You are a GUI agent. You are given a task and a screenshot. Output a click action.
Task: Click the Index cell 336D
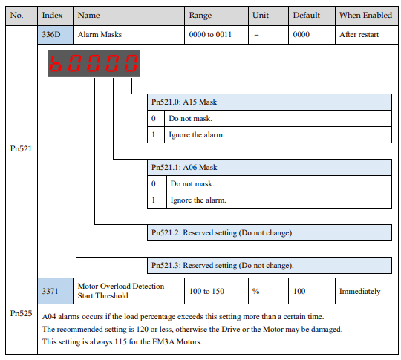[x=55, y=35]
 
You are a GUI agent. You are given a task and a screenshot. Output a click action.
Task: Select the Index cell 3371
[x=55, y=291]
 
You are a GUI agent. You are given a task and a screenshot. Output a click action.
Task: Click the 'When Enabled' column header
[x=365, y=16]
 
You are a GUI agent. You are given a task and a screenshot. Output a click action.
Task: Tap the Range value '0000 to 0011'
[x=210, y=35]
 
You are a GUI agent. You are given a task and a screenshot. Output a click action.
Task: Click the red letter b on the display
[x=56, y=63]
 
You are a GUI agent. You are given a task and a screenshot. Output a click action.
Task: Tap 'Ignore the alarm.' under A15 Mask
[x=196, y=135]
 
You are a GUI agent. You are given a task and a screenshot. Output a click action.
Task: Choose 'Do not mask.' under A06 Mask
[x=192, y=183]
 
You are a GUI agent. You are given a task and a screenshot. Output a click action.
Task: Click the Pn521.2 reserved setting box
[x=270, y=232]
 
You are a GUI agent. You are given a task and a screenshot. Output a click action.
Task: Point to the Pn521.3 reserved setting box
[x=270, y=266]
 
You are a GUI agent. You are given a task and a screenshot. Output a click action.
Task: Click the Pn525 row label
[x=21, y=313]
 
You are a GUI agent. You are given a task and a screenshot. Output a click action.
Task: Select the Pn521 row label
[x=21, y=148]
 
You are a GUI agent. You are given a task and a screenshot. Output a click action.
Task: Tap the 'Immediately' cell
[x=360, y=291]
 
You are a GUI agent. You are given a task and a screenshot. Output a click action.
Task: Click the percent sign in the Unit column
[x=255, y=291]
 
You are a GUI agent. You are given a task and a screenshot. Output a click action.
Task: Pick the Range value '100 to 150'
[x=206, y=291]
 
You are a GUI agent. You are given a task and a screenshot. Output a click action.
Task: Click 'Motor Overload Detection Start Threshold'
[x=121, y=291]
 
